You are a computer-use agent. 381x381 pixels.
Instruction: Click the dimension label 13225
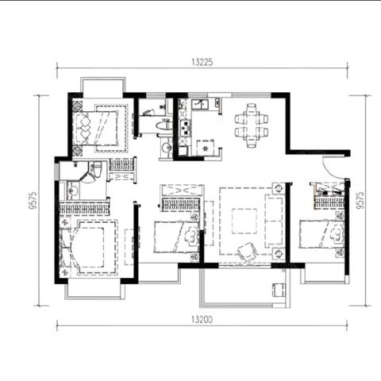coord(202,62)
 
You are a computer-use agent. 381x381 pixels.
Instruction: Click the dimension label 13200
coord(202,320)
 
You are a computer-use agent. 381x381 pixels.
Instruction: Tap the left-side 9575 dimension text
coord(33,200)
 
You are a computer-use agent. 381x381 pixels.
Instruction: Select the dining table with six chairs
coord(252,125)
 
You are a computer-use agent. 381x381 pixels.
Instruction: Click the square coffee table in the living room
coord(244,221)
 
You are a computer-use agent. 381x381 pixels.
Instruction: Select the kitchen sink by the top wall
coord(200,104)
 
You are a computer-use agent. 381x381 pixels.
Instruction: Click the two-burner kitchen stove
coord(185,128)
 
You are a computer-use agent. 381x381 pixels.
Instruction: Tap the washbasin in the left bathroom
coord(73,190)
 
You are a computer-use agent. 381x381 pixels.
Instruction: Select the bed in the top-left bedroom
coord(96,129)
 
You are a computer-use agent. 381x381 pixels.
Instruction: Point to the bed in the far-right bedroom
coord(321,234)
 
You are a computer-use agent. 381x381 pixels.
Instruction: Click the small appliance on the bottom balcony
coord(279,290)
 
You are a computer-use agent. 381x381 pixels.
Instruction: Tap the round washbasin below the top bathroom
coord(166,148)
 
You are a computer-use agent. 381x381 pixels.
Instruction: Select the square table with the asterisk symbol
coord(206,148)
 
